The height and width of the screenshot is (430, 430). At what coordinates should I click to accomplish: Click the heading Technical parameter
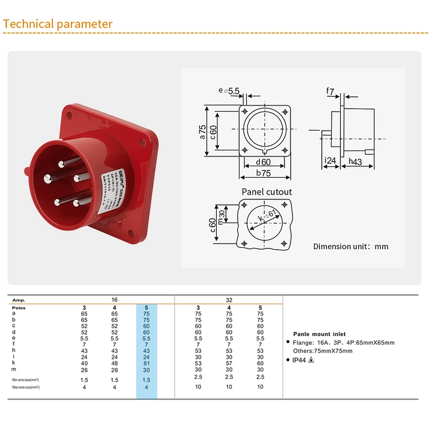(58, 24)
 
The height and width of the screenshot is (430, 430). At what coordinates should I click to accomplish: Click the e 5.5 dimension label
(229, 91)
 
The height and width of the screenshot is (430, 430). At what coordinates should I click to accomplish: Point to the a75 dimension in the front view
(202, 131)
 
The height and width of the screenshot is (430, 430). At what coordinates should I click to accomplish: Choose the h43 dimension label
(355, 161)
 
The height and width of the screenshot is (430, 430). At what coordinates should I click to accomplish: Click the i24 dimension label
(329, 161)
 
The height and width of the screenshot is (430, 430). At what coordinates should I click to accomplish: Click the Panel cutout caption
(267, 191)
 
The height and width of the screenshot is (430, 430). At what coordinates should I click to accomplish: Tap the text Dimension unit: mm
(351, 247)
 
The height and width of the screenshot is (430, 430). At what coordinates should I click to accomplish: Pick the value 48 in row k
(115, 363)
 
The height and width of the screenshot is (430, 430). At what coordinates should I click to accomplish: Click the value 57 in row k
(229, 363)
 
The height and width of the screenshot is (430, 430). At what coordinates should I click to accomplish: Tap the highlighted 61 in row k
(146, 363)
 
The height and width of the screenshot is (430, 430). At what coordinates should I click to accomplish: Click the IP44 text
(300, 360)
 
